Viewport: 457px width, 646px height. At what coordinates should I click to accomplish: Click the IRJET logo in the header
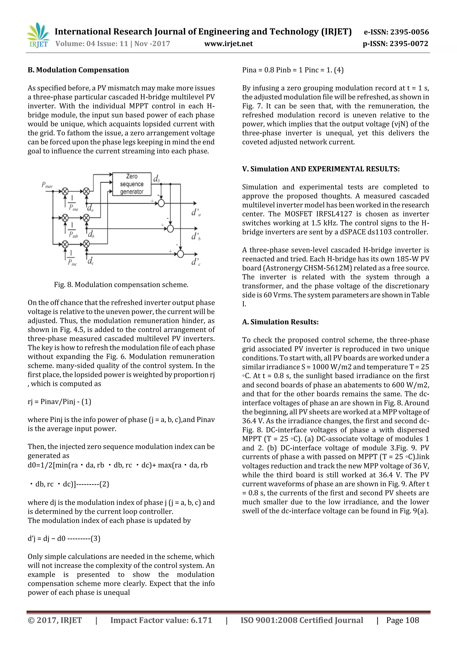click(x=38, y=35)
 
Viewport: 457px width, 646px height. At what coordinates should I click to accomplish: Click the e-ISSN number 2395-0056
click(x=396, y=32)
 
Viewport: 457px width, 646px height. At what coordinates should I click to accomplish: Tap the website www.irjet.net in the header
click(x=228, y=44)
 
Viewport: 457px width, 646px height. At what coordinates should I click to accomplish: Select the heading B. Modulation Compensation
click(x=78, y=70)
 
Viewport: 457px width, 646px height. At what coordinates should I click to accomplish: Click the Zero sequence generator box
click(x=132, y=184)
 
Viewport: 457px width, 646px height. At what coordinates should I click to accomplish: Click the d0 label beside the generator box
click(x=156, y=179)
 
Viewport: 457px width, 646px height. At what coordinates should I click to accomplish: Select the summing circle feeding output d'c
click(x=180, y=254)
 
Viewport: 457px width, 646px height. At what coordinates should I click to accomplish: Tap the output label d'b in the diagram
click(x=196, y=236)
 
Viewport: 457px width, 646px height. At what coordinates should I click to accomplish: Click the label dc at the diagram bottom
click(x=90, y=261)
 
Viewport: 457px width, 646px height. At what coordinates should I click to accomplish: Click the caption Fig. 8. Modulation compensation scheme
click(x=121, y=284)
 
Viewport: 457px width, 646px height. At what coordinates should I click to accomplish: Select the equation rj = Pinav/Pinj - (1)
click(x=59, y=402)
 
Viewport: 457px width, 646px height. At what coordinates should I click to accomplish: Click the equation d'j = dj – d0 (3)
click(x=64, y=538)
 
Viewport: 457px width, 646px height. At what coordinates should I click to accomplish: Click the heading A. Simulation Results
click(x=280, y=322)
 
